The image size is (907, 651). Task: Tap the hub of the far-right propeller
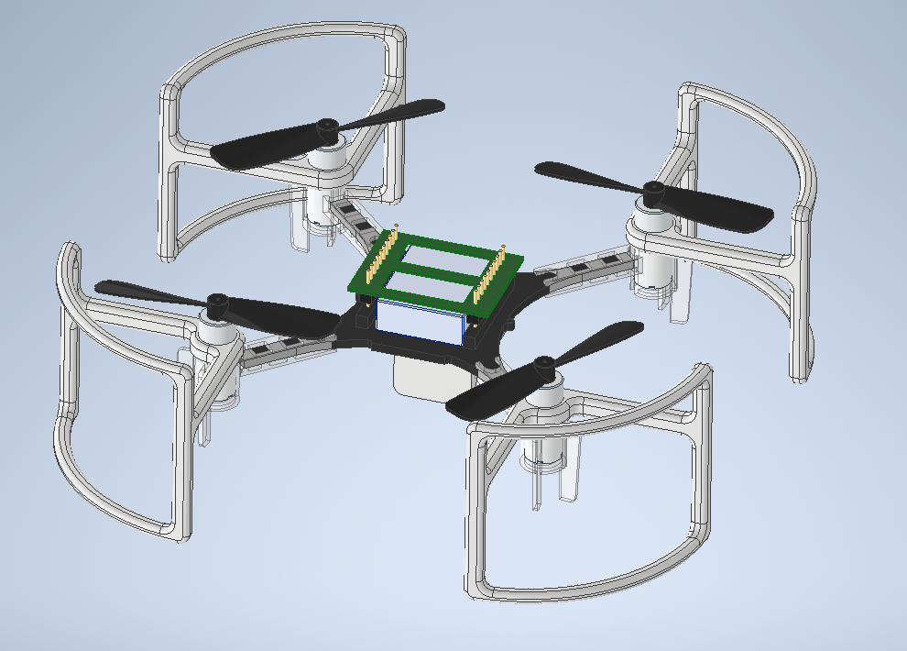pyautogui.click(x=654, y=192)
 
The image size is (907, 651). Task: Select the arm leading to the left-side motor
pyautogui.click(x=284, y=345)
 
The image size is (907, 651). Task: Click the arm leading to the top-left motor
pyautogui.click(x=353, y=216)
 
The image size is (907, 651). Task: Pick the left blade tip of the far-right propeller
pyautogui.click(x=544, y=170)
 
